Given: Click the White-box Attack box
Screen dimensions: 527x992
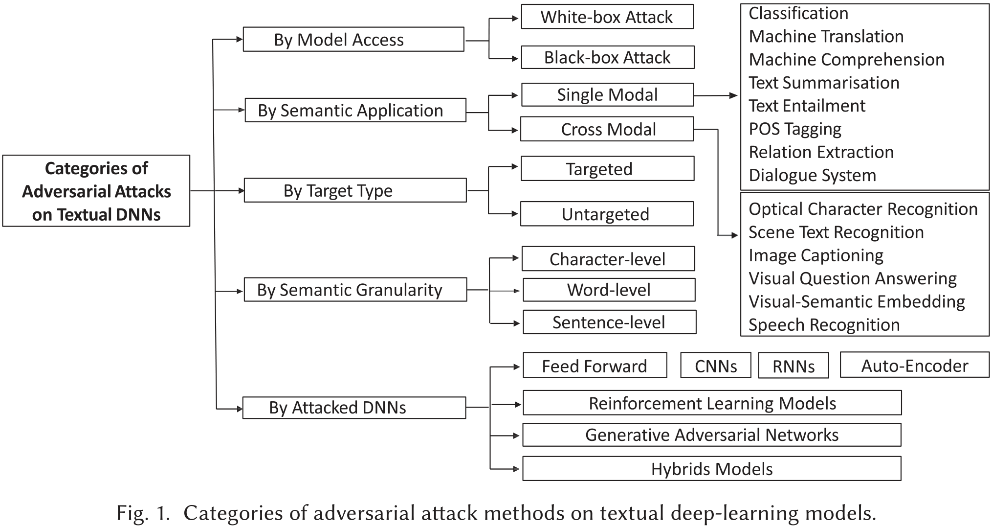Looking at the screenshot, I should point(607,17).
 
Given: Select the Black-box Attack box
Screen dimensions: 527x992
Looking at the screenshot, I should point(607,58).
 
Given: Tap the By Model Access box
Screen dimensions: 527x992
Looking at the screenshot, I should point(353,40).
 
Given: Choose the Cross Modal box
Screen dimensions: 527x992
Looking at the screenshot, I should point(607,129).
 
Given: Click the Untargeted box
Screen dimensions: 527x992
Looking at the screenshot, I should point(606,214).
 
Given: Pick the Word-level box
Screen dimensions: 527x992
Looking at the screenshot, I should point(609,290).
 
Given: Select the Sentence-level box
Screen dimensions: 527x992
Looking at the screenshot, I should point(609,322).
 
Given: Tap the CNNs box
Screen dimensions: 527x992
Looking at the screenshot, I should point(715,366).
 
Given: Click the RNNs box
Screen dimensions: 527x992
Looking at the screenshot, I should point(793,367).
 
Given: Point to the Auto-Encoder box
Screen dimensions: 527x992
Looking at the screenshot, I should point(914,366).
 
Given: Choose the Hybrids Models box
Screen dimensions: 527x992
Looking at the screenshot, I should point(711,469).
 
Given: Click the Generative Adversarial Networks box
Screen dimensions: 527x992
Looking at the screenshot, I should point(711,435).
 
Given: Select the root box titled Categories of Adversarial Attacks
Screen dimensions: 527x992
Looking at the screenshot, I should point(96,191).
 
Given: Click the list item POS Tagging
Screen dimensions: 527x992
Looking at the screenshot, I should point(795,129).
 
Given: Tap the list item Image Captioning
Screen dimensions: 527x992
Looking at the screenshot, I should point(816,255).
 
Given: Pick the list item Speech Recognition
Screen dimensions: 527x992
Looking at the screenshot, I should point(824,325).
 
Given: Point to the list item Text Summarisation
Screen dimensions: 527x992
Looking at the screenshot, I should point(824,83).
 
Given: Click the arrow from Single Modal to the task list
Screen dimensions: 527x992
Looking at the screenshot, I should point(715,96).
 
